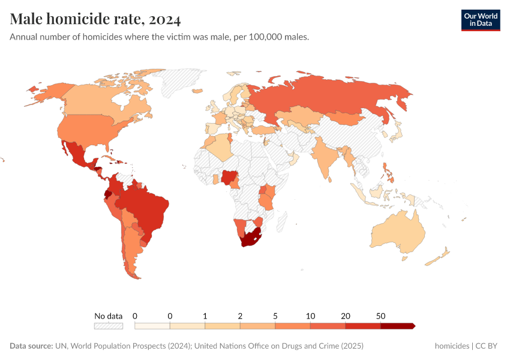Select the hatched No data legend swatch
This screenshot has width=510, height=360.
pyautogui.click(x=108, y=326)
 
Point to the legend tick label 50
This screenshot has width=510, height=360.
pyautogui.click(x=381, y=316)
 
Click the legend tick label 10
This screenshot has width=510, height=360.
pyautogui.click(x=310, y=316)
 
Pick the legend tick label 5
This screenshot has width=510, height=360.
pyautogui.click(x=275, y=316)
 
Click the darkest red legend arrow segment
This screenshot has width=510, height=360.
pyautogui.click(x=397, y=326)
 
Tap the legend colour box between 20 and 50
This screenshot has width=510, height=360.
pyautogui.click(x=363, y=326)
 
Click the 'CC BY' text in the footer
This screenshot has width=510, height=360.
pyautogui.click(x=488, y=346)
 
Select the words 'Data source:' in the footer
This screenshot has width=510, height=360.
pyautogui.click(x=31, y=346)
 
